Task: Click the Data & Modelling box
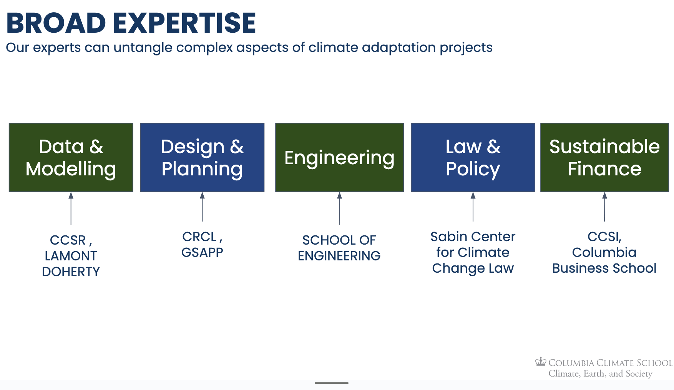pyautogui.click(x=71, y=157)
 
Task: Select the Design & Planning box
pyautogui.click(x=202, y=157)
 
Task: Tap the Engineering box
pyautogui.click(x=340, y=157)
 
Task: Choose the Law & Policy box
pyautogui.click(x=473, y=157)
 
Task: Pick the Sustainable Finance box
pyautogui.click(x=605, y=157)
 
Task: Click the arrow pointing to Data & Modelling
pyautogui.click(x=71, y=208)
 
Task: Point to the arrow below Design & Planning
pyautogui.click(x=202, y=207)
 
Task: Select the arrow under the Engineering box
pyautogui.click(x=339, y=208)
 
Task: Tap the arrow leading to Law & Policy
pyautogui.click(x=473, y=207)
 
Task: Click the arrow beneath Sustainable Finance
pyautogui.click(x=604, y=207)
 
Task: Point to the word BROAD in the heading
pyautogui.click(x=56, y=23)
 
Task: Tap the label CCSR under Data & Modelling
pyautogui.click(x=68, y=240)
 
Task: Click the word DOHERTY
pyautogui.click(x=71, y=272)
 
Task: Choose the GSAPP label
pyautogui.click(x=202, y=252)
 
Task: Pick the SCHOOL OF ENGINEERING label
pyautogui.click(x=339, y=248)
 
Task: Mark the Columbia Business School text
pyautogui.click(x=604, y=260)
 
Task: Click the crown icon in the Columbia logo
pyautogui.click(x=541, y=362)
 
